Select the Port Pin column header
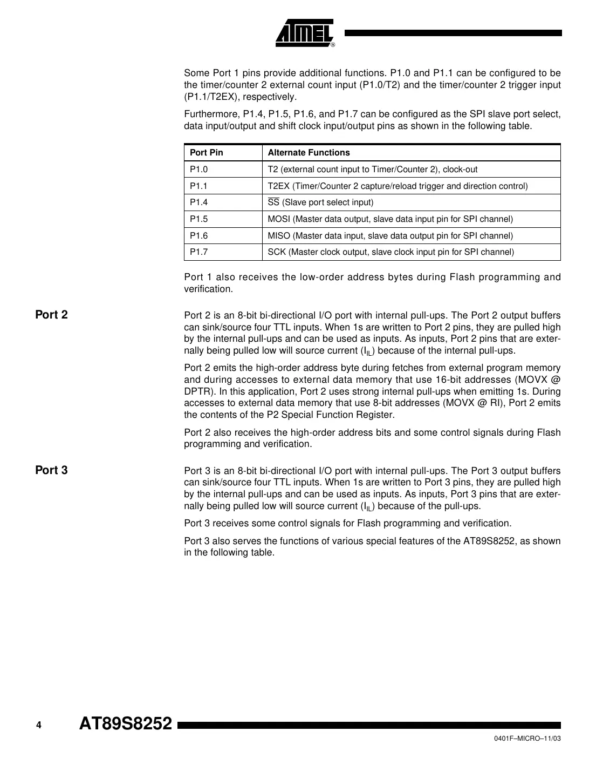tap(206, 153)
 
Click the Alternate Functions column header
tap(309, 153)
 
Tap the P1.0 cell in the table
tap(198, 170)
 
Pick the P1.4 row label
tap(198, 202)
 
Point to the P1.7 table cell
tap(198, 252)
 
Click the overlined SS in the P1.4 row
tap(273, 202)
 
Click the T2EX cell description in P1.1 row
tap(398, 186)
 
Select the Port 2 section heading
tap(51, 315)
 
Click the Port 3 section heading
tap(51, 470)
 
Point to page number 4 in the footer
tap(38, 725)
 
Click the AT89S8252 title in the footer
tap(126, 723)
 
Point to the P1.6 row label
tap(198, 236)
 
